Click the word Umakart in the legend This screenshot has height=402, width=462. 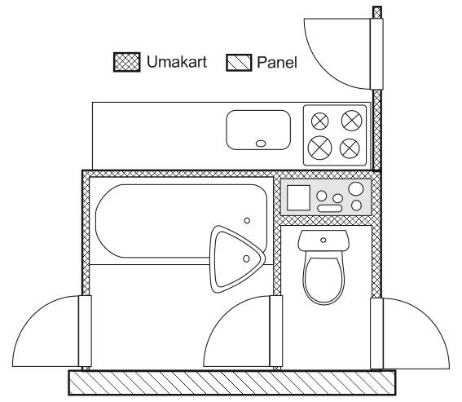point(177,62)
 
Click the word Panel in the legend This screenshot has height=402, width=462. point(277,63)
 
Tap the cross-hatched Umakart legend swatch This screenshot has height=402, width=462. point(126,62)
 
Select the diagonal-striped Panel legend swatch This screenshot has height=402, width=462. point(239,63)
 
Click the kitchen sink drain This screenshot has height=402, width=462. point(261,144)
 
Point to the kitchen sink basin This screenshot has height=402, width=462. point(258,130)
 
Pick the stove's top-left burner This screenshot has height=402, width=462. point(320,121)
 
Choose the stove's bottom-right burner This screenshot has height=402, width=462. point(350,148)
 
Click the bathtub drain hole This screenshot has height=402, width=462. point(247,220)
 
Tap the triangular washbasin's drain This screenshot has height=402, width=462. point(246,258)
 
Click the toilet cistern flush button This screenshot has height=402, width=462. point(323,240)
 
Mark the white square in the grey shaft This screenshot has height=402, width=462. point(298,197)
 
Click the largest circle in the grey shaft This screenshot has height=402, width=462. point(356,188)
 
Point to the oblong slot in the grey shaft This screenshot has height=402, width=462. point(330,208)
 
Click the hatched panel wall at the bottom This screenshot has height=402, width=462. point(232,382)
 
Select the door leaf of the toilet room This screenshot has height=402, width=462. point(276,331)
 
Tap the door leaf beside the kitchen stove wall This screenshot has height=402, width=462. point(376,54)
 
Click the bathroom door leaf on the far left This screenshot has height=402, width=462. point(85,331)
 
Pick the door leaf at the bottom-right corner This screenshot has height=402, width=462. point(376,334)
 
